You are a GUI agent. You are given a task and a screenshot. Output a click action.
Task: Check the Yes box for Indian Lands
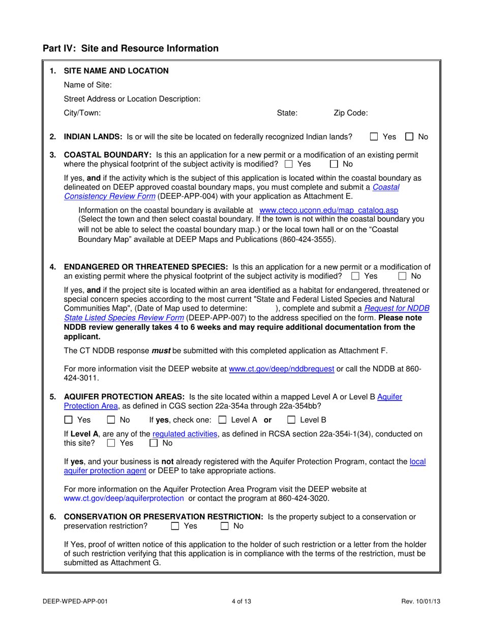point(374,137)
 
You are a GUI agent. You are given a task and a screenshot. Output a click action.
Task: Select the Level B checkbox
point(291,419)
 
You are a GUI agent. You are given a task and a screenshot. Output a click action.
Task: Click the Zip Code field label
point(351,113)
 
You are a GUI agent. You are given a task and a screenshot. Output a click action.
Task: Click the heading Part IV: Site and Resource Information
point(130,48)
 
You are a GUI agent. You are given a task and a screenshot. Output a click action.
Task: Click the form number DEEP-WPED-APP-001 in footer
point(75,601)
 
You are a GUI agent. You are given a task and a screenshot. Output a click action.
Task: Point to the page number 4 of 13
point(241,601)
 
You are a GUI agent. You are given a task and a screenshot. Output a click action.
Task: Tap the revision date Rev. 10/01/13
point(420,601)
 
